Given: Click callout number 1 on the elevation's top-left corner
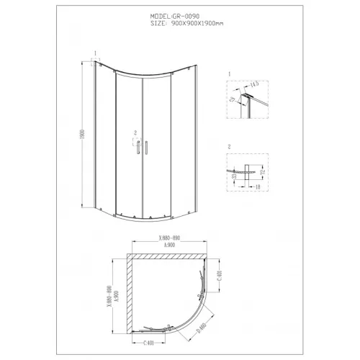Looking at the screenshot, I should tap(94, 51).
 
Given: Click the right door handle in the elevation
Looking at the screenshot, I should tap(146, 147).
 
